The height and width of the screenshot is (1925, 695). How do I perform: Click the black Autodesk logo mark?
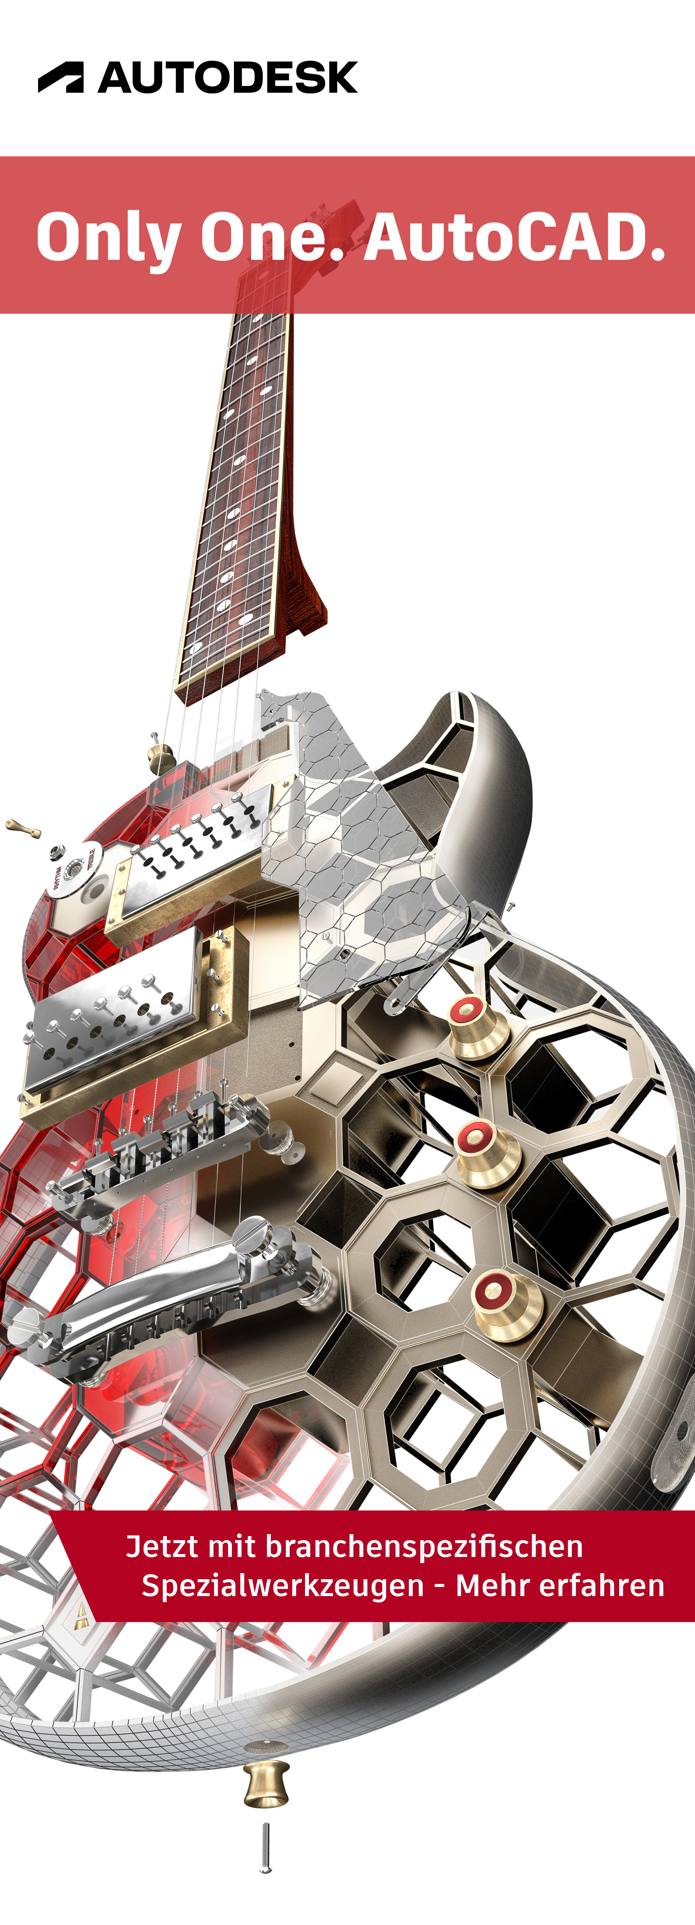pyautogui.click(x=61, y=77)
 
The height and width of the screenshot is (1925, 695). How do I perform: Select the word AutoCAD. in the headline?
pyautogui.click(x=514, y=237)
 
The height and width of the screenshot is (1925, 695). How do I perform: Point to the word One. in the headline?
pyautogui.click(x=273, y=237)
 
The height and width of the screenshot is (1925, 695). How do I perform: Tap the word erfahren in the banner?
pyautogui.click(x=602, y=1585)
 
